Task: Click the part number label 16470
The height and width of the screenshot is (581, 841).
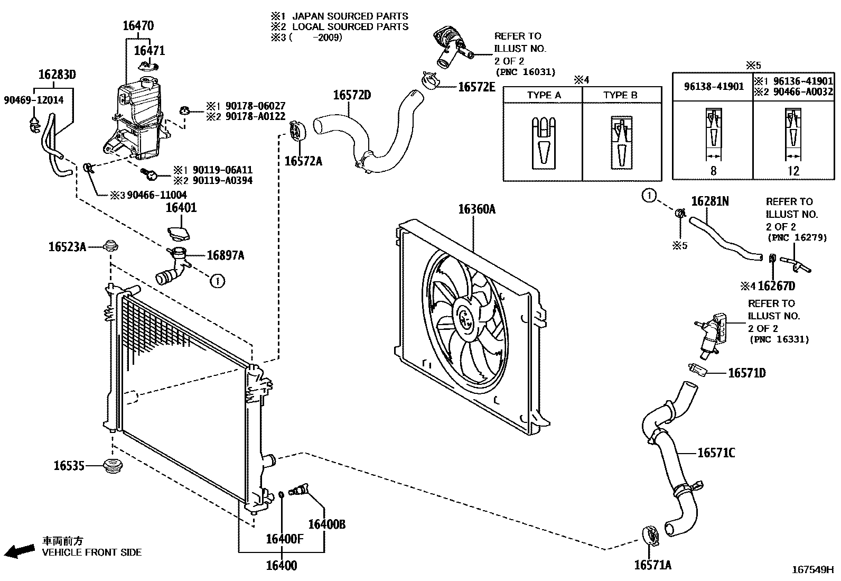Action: point(138,25)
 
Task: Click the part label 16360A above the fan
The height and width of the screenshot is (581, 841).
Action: point(476,209)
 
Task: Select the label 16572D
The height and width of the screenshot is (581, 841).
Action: point(351,95)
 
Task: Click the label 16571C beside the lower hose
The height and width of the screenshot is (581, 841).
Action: point(716,453)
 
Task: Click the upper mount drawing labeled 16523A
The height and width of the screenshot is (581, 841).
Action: point(110,246)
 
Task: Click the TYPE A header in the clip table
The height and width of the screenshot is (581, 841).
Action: point(543,95)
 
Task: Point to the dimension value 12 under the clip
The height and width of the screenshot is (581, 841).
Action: point(793,171)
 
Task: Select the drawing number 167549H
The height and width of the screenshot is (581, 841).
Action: point(811,570)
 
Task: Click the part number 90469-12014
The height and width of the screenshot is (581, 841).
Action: point(33,100)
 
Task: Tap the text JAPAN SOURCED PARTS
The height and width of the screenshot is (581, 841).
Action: point(350,16)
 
